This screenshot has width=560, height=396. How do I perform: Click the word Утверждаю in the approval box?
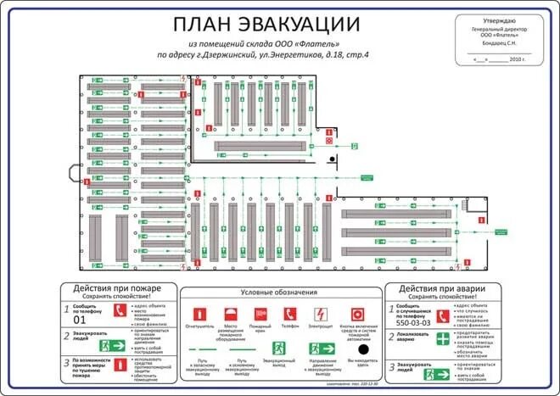tap(498, 20)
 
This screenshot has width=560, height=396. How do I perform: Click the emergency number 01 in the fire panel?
tap(81, 320)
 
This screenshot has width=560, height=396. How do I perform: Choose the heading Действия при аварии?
tap(439, 288)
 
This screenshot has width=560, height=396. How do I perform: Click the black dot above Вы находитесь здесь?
tap(362, 349)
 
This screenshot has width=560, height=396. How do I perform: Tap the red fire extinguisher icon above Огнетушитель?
tap(198, 314)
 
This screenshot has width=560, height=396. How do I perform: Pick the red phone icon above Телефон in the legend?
tap(289, 314)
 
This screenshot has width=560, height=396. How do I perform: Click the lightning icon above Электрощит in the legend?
tap(322, 314)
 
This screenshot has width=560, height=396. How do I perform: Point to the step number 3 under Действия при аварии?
tap(393, 365)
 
